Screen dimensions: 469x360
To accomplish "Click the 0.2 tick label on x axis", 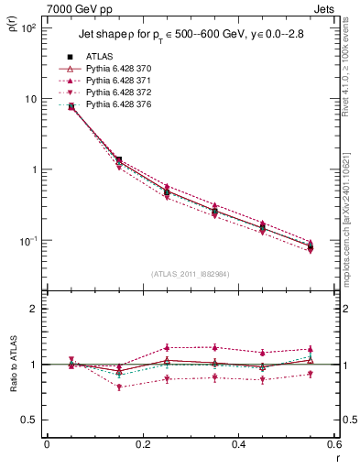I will [142, 443].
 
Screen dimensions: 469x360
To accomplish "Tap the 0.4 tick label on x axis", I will [238, 443].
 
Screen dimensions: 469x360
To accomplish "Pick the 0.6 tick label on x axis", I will [333, 443].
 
